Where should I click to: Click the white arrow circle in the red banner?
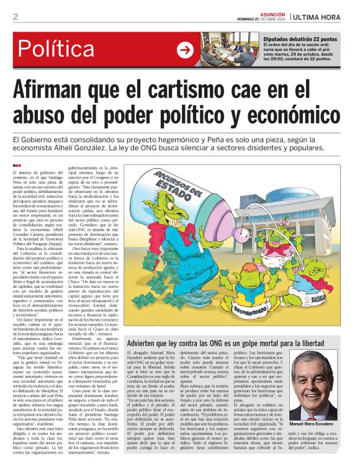coord(185,50)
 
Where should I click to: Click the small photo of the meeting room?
coord(226,50)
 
